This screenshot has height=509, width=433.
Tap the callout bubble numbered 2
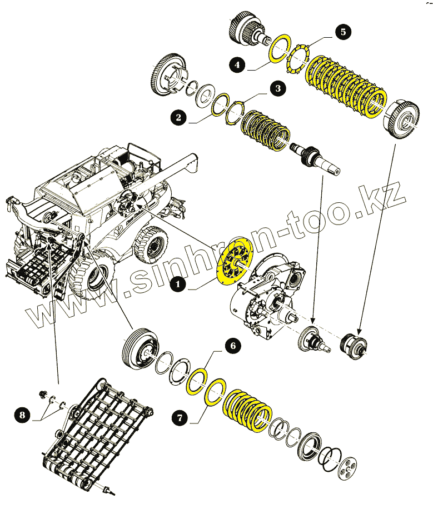point(178,117)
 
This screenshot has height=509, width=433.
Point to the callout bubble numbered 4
point(237,65)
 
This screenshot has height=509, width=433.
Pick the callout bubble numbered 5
point(342,32)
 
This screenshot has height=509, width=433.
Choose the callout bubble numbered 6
point(232,346)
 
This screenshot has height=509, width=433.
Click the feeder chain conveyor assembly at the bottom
point(94,433)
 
